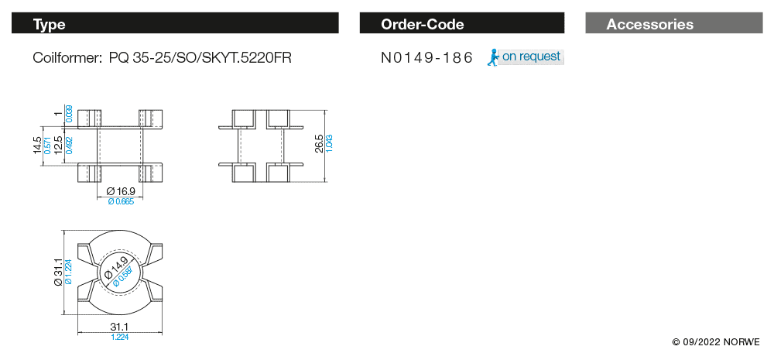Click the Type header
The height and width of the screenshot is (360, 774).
(49, 24)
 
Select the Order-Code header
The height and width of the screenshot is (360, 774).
(422, 24)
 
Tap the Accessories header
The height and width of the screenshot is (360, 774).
(649, 24)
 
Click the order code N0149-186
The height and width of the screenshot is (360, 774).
(426, 58)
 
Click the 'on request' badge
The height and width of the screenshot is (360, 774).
(531, 57)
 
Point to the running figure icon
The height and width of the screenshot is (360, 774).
(493, 58)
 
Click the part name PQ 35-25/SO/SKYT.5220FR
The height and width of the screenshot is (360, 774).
(200, 58)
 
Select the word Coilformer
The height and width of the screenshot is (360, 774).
(67, 58)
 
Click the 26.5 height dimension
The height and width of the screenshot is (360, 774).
(318, 144)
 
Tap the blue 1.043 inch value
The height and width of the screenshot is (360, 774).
(329, 144)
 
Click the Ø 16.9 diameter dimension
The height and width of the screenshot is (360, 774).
(121, 190)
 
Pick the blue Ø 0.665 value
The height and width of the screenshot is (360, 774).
(121, 201)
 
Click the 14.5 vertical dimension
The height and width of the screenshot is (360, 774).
(37, 146)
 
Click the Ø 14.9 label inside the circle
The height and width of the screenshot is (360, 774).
(116, 270)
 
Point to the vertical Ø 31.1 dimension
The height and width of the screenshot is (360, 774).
(58, 272)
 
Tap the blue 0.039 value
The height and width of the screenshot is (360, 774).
(69, 114)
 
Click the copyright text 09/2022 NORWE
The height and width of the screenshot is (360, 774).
(715, 341)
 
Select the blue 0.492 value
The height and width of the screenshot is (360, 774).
(69, 146)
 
